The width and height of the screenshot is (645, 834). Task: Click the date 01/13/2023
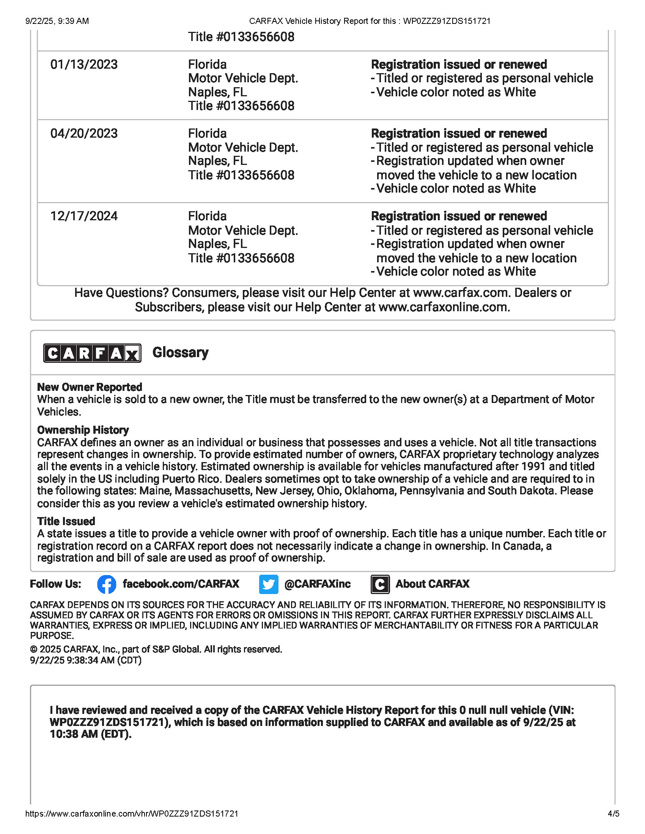(84, 64)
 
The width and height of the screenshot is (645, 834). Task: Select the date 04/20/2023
(84, 134)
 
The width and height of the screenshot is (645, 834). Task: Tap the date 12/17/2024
(84, 216)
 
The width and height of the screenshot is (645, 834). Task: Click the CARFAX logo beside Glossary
(92, 353)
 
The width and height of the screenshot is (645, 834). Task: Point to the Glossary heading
(180, 353)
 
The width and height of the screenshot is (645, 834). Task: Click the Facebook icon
(107, 584)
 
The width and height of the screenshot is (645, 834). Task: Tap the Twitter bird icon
(269, 584)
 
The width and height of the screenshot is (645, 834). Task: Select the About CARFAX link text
(432, 584)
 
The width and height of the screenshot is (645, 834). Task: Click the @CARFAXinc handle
(317, 584)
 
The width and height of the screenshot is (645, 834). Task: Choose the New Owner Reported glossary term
(90, 387)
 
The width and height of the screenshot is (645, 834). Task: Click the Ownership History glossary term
(83, 430)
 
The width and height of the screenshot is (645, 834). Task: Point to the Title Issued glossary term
(66, 521)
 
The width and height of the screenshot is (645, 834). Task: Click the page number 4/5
(613, 814)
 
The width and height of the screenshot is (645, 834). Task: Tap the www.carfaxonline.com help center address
(444, 307)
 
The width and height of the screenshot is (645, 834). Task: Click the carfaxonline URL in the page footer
(132, 814)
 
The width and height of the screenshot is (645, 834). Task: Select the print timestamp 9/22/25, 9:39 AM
(57, 21)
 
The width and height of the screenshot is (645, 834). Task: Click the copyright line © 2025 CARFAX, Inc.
(156, 649)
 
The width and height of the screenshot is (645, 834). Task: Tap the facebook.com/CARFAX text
(181, 584)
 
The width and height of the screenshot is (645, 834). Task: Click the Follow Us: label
(55, 584)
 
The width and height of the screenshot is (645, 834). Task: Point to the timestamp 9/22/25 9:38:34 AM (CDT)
(86, 660)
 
